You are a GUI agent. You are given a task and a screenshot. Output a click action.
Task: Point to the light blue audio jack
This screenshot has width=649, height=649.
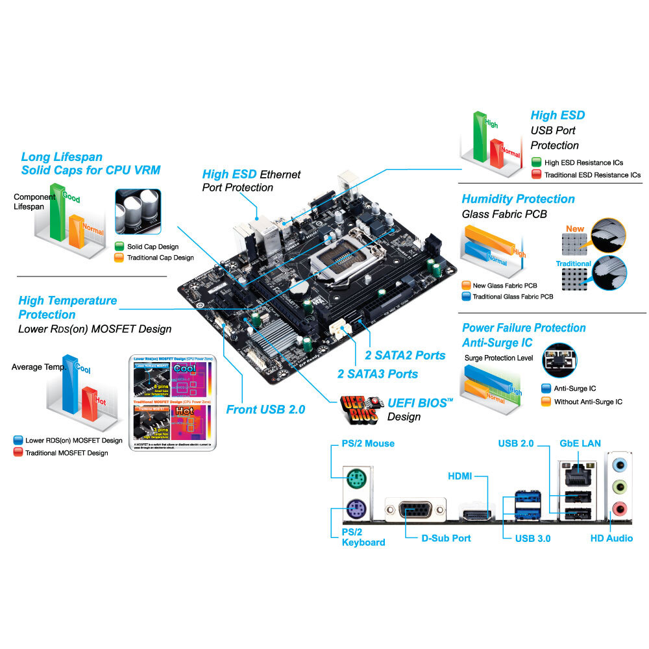tap(620, 465)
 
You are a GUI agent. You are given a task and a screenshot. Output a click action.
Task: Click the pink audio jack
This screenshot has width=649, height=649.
tap(620, 508)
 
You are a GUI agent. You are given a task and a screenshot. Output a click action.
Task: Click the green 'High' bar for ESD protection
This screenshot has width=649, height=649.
tap(480, 136)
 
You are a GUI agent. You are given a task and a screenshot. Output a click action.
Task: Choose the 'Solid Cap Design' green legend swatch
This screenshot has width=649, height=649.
tap(119, 247)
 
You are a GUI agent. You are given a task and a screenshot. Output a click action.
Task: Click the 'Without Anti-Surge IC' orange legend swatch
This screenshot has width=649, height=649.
tap(546, 402)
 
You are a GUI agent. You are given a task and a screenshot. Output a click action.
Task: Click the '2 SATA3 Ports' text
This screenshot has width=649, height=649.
tap(378, 374)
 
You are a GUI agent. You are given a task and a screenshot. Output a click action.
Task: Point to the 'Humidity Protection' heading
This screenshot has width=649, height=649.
tap(518, 199)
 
